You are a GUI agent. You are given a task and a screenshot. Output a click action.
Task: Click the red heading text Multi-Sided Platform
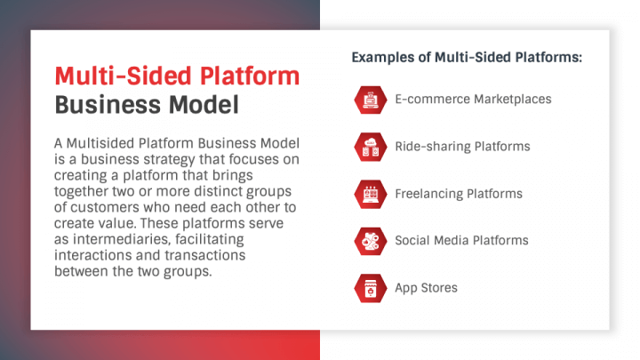point(177,74)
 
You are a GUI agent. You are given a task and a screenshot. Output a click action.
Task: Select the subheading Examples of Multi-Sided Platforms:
point(467,58)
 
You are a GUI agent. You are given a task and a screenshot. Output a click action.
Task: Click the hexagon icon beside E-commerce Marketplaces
point(369,99)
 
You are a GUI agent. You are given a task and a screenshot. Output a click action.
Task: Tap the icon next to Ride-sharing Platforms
point(369,146)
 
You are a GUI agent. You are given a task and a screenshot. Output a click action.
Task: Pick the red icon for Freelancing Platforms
point(369,193)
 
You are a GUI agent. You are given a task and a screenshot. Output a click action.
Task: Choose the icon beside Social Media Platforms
point(369,240)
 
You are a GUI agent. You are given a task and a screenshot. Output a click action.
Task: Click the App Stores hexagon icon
point(369,287)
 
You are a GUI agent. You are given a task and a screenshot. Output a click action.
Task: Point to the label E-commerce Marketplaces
point(473,99)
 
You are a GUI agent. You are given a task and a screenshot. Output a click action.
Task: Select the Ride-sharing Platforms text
point(462,146)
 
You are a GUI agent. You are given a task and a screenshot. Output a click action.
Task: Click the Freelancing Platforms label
point(459,193)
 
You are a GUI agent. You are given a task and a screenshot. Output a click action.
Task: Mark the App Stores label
point(428,287)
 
